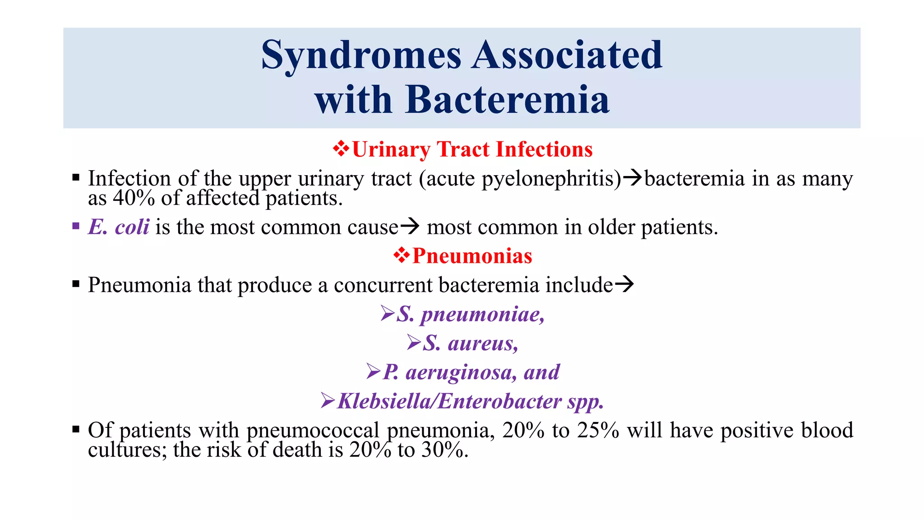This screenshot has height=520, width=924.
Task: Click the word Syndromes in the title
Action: click(x=361, y=56)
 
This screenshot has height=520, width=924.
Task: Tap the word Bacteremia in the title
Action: click(x=508, y=100)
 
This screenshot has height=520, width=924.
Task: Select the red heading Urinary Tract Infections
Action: click(x=472, y=149)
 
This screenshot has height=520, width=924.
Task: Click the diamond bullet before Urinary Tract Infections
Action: click(x=341, y=149)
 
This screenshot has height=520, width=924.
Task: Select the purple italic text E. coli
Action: click(x=119, y=227)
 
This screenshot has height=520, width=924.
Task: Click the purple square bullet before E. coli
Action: click(x=76, y=226)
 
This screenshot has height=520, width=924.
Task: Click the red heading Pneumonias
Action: click(x=472, y=256)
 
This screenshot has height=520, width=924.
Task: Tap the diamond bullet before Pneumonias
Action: click(x=402, y=255)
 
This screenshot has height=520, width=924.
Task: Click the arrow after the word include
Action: click(x=624, y=284)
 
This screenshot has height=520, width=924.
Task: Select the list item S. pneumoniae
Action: click(x=471, y=314)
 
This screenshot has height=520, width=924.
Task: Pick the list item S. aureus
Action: click(x=471, y=344)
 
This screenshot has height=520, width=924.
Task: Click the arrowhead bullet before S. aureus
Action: click(x=414, y=343)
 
